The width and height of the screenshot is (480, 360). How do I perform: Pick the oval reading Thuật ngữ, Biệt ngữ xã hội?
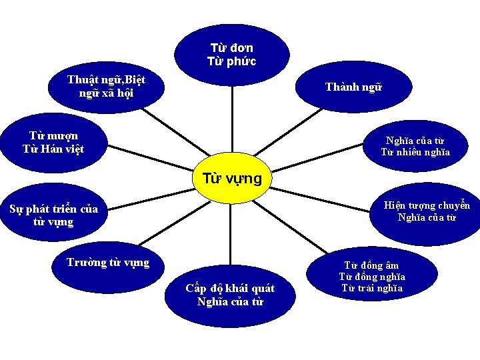coord(107,87)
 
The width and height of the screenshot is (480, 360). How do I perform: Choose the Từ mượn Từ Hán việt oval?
coord(53,141)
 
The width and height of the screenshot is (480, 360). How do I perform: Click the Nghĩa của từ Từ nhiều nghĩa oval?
coord(415,147)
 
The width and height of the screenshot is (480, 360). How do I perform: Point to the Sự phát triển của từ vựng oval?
coord(53,215)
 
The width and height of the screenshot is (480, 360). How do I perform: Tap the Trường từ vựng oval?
coord(108,262)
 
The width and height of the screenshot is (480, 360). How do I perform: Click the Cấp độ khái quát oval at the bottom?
coord(230,295)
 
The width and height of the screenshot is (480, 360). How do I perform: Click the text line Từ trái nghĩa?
coord(372,288)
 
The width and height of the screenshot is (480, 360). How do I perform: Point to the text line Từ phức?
coord(232,61)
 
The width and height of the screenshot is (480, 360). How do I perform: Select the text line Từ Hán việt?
coord(53,148)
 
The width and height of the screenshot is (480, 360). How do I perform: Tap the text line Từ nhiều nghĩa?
coord(415,153)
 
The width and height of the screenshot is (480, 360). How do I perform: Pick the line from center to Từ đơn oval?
coord(232,120)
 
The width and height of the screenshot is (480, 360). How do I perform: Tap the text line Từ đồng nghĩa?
coord(372,277)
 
